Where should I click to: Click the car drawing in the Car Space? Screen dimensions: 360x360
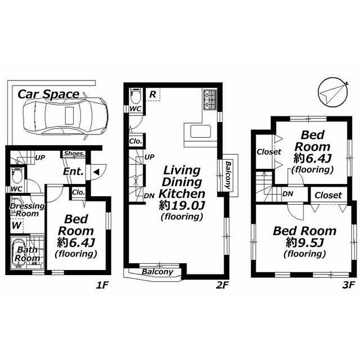(65, 116)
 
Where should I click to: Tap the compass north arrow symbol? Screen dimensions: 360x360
(332, 92)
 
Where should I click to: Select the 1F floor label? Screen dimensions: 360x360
(101, 285)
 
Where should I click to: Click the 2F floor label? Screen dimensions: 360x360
(222, 285)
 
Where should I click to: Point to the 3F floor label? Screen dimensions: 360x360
(348, 285)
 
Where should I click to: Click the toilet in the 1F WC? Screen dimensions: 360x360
(17, 175)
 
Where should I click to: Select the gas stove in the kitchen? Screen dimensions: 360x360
(210, 100)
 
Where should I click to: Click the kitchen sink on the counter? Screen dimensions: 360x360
(200, 131)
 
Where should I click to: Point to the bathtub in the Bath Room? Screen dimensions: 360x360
(19, 253)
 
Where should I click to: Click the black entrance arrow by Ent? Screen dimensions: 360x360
(96, 172)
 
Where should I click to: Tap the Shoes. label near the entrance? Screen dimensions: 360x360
(74, 154)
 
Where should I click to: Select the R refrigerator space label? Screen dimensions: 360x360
(153, 94)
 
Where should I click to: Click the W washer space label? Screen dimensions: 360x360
(16, 225)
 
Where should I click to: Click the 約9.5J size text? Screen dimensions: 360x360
(305, 242)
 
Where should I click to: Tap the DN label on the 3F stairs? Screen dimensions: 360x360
(287, 194)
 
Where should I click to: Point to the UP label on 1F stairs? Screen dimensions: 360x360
(40, 157)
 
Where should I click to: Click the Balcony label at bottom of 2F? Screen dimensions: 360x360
(157, 272)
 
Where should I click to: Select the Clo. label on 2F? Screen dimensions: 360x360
(136, 141)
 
